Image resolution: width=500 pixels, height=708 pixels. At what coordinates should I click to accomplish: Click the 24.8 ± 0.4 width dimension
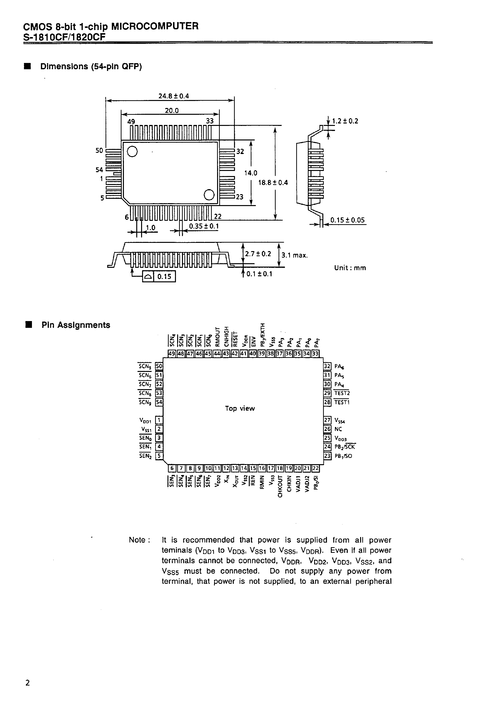(x=174, y=96)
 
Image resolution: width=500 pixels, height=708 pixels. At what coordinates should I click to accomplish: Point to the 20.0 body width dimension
(x=172, y=110)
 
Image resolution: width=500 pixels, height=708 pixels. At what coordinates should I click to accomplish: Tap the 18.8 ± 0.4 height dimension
(x=273, y=183)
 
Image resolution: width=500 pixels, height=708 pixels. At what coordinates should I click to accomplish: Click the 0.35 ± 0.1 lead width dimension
(x=204, y=226)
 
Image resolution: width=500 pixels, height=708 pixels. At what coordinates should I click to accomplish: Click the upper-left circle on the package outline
(x=132, y=151)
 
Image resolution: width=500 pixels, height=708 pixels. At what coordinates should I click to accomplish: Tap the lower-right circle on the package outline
(x=209, y=195)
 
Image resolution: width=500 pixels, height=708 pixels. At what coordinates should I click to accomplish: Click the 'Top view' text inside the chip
(x=240, y=408)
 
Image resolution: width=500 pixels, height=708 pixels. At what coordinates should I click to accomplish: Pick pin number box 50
(x=159, y=366)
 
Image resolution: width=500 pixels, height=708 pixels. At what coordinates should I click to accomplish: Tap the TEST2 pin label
(x=342, y=393)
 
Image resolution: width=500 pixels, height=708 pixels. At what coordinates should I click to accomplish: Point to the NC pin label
(x=338, y=429)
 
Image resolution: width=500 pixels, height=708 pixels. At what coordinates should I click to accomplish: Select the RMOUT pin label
(x=217, y=337)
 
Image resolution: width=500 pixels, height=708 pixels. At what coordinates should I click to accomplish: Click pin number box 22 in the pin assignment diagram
(x=315, y=468)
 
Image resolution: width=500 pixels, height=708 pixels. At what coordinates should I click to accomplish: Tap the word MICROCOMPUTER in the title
(x=155, y=26)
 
